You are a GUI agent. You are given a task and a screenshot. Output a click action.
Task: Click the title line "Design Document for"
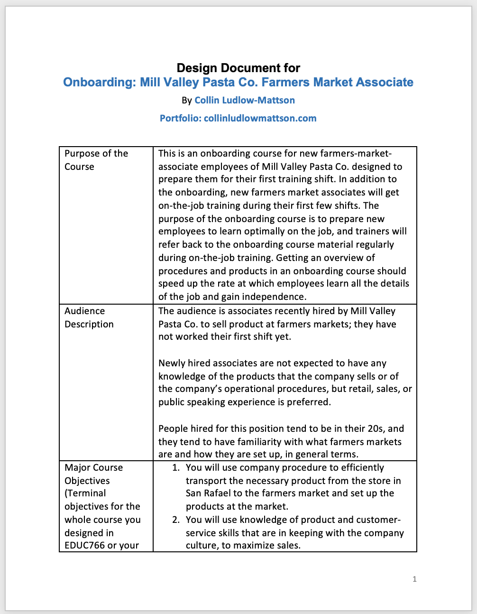point(238,68)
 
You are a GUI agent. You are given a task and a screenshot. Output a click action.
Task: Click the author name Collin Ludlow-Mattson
point(245,100)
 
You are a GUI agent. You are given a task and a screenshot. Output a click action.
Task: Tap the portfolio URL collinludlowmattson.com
point(260,118)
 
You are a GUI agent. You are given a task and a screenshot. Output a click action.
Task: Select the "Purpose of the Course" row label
point(96,160)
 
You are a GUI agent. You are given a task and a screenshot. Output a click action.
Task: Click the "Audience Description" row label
point(89,317)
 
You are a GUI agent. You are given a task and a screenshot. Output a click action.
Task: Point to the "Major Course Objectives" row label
point(94,474)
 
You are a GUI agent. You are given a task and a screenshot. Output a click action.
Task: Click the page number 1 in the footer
point(415,579)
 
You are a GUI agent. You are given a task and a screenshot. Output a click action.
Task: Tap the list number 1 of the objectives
point(175,468)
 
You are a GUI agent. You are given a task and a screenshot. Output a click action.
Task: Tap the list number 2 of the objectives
point(175,520)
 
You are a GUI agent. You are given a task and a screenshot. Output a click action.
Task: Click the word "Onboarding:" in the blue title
point(100,83)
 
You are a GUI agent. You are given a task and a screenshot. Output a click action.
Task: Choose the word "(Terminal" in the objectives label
point(85,493)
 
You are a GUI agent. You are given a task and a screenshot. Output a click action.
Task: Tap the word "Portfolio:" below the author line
point(180,118)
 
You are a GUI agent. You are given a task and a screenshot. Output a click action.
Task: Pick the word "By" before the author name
point(187,101)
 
